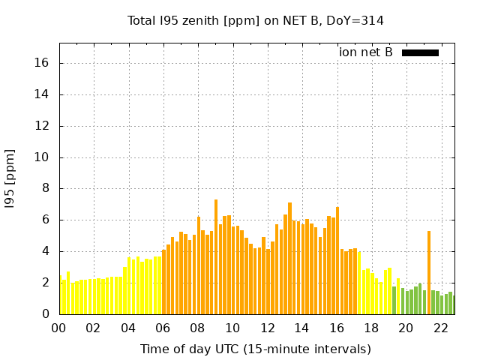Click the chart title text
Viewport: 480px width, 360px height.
click(x=256, y=21)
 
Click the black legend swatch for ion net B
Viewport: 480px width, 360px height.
click(x=420, y=52)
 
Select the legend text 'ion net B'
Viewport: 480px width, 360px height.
click(x=366, y=52)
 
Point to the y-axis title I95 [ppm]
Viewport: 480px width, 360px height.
click(x=10, y=178)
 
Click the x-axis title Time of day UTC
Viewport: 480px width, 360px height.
click(x=256, y=349)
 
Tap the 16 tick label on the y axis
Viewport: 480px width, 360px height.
click(x=43, y=63)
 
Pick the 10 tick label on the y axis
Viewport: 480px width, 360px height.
click(x=43, y=157)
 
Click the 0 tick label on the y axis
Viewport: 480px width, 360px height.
click(x=46, y=314)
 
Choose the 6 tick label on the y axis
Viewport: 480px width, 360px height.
click(x=46, y=220)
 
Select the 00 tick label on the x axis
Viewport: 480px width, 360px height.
click(x=59, y=328)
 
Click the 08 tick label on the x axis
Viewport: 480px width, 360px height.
click(x=198, y=328)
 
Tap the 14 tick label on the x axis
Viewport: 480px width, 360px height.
click(x=302, y=328)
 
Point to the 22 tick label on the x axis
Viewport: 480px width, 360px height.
click(x=441, y=328)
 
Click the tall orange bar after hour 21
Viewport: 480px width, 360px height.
click(x=429, y=273)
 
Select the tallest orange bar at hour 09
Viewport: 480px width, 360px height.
click(x=216, y=257)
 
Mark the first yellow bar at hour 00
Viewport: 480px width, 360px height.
click(x=60, y=295)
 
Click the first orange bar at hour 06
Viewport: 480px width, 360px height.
click(x=163, y=282)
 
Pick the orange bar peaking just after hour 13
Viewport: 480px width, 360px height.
click(x=289, y=259)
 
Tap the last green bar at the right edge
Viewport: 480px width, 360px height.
click(x=453, y=305)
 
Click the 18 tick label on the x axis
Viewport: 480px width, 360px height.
click(x=371, y=328)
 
